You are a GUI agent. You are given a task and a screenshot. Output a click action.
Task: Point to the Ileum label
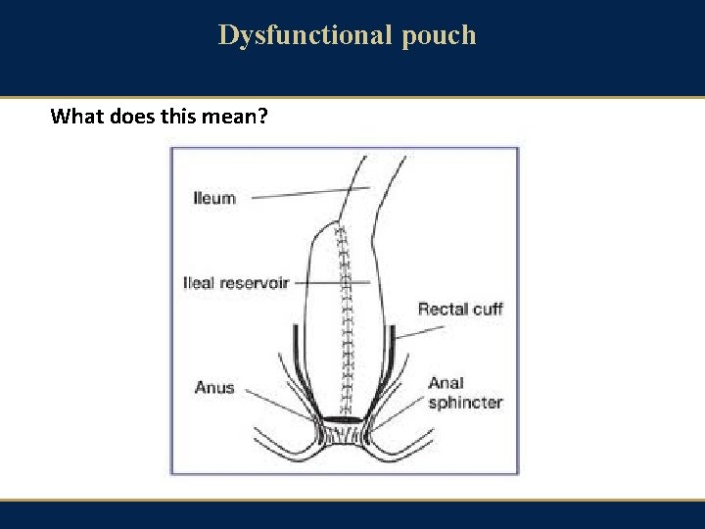214,198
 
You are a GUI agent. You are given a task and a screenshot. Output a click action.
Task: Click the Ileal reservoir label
237,283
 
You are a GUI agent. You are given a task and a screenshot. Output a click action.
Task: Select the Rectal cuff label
460,310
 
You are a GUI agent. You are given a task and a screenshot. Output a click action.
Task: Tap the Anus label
214,387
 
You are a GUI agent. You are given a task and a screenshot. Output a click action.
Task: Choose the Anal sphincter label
464,393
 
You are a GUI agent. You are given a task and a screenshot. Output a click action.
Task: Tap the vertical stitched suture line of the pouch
344,323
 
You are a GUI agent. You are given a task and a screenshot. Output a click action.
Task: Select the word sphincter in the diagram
464,403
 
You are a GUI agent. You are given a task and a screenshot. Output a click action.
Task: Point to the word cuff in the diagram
487,310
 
